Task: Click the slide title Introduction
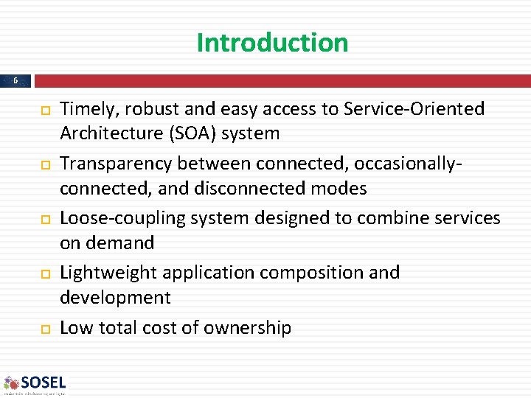click(x=272, y=43)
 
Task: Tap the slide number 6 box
click(x=15, y=80)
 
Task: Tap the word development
click(x=115, y=298)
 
